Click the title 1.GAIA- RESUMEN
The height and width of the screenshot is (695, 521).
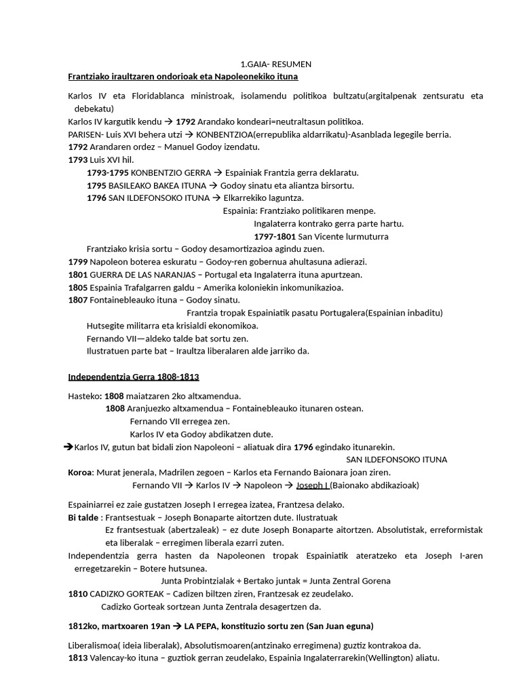[276, 64]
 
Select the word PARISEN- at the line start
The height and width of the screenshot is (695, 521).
[86, 134]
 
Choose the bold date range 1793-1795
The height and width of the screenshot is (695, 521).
[108, 172]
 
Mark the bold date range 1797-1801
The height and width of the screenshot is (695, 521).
[275, 237]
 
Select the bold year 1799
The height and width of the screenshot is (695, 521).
[78, 262]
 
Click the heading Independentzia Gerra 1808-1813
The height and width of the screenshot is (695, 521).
[134, 377]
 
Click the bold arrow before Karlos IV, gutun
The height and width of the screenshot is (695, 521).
[68, 447]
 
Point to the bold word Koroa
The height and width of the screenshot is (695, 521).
[79, 472]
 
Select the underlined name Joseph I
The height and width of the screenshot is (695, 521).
[312, 485]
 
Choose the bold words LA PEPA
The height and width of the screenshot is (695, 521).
[216, 626]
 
